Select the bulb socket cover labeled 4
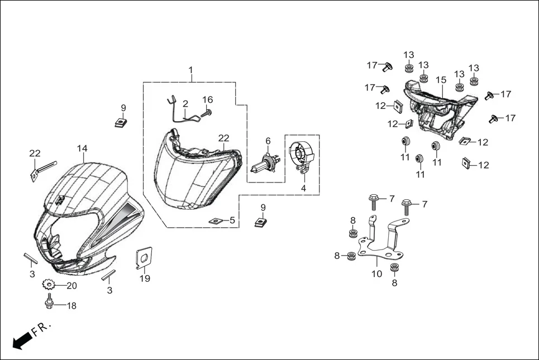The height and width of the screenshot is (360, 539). [x=302, y=156]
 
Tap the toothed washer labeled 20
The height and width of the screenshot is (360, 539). [x=49, y=285]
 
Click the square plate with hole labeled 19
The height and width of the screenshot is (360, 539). [x=144, y=258]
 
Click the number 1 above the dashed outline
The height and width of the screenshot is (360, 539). [x=190, y=70]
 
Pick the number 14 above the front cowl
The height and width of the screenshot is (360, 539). [x=82, y=148]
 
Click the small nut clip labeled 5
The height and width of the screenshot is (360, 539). [x=216, y=221]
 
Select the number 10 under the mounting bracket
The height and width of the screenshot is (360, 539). [x=377, y=274]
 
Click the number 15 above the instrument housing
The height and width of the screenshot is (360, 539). [x=441, y=80]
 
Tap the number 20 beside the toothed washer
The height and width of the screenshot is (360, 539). [x=71, y=286]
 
